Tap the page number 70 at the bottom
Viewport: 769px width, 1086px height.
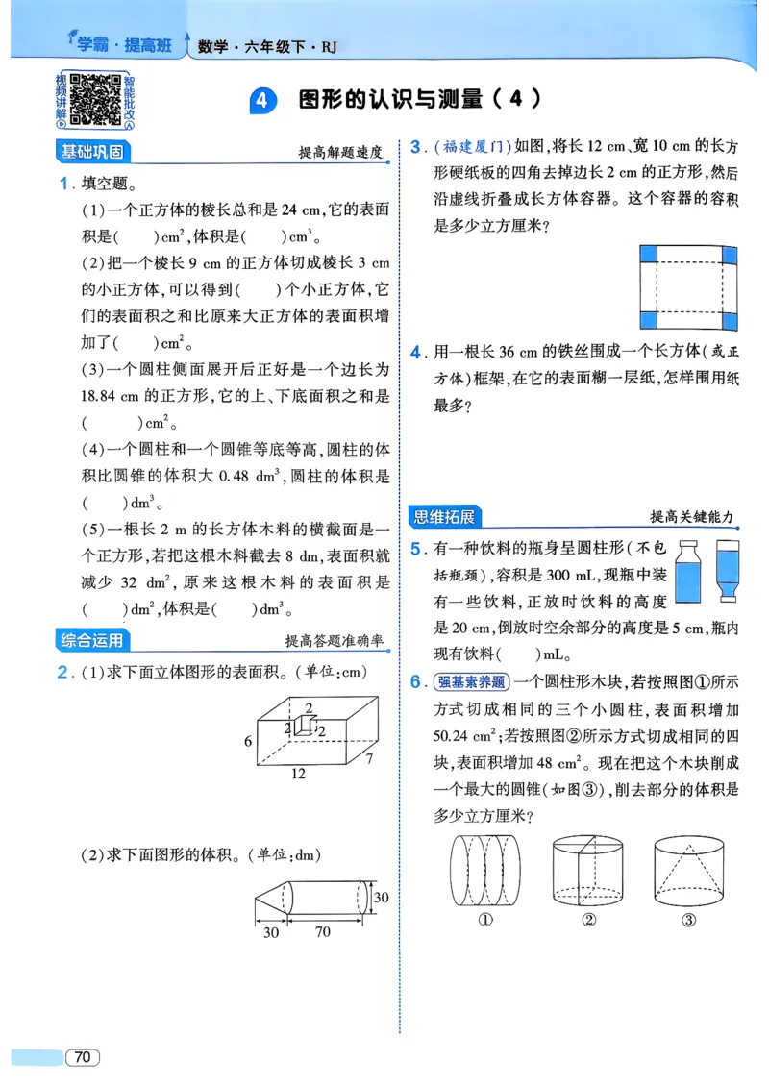83,1057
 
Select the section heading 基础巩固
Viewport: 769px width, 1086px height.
92,152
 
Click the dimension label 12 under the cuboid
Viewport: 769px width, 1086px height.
301,772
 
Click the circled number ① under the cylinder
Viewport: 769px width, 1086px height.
485,920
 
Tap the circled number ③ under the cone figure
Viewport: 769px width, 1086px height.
688,920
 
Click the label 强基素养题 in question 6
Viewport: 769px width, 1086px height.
470,682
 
